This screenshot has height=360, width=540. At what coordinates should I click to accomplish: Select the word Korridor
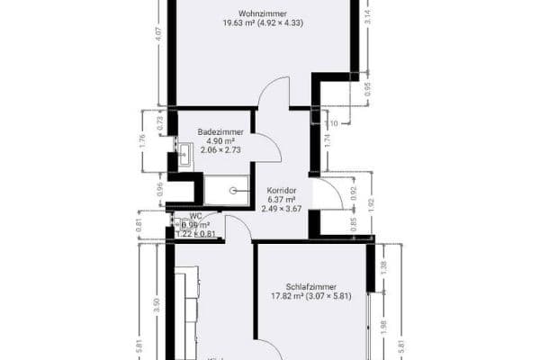(x=282, y=190)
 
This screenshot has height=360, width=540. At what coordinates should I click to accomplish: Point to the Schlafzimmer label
(x=311, y=285)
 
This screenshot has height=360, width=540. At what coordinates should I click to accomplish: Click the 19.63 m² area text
(x=238, y=23)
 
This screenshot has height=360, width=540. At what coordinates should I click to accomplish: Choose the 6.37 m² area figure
(x=282, y=199)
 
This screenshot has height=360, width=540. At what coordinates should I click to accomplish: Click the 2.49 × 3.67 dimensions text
(x=282, y=209)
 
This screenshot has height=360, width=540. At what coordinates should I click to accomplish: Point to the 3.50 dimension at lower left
(x=157, y=303)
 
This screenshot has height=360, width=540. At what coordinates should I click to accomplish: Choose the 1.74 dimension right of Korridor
(x=327, y=140)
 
